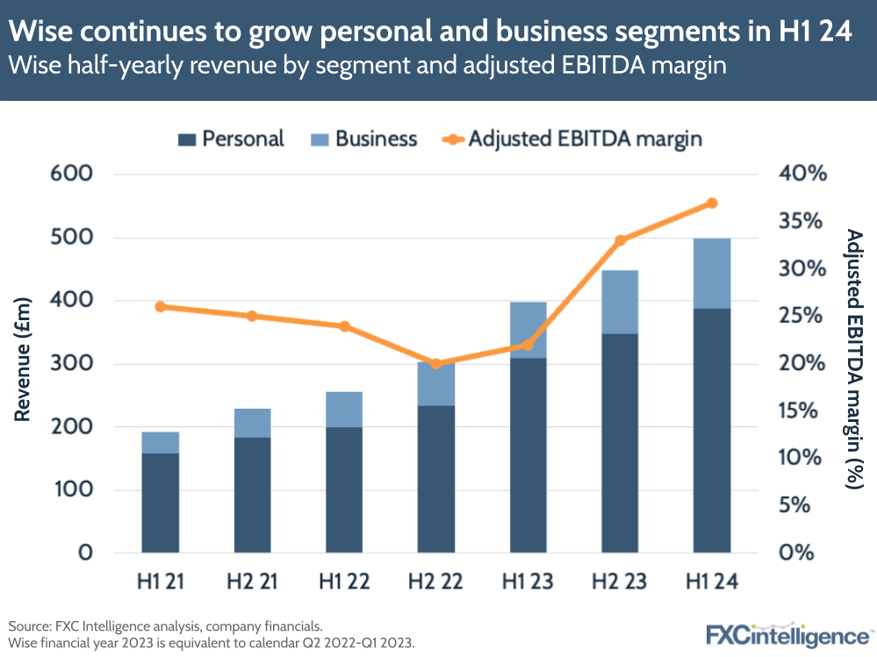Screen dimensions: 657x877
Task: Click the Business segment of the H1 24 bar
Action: (711, 274)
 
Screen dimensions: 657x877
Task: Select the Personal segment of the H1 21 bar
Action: (161, 503)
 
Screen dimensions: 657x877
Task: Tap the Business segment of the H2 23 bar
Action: (620, 302)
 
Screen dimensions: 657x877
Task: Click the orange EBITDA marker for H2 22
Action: (436, 364)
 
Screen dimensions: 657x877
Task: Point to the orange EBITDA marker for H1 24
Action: (711, 204)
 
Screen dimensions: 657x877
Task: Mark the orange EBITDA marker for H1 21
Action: (161, 307)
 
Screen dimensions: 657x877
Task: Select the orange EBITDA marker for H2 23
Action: (620, 240)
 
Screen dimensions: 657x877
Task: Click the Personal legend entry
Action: (231, 139)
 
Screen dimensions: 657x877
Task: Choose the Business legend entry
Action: (363, 139)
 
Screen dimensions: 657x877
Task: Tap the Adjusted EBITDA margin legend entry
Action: (571, 139)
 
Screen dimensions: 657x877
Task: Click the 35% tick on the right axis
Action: (803, 221)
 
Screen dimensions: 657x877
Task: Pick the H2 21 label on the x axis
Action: (252, 582)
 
